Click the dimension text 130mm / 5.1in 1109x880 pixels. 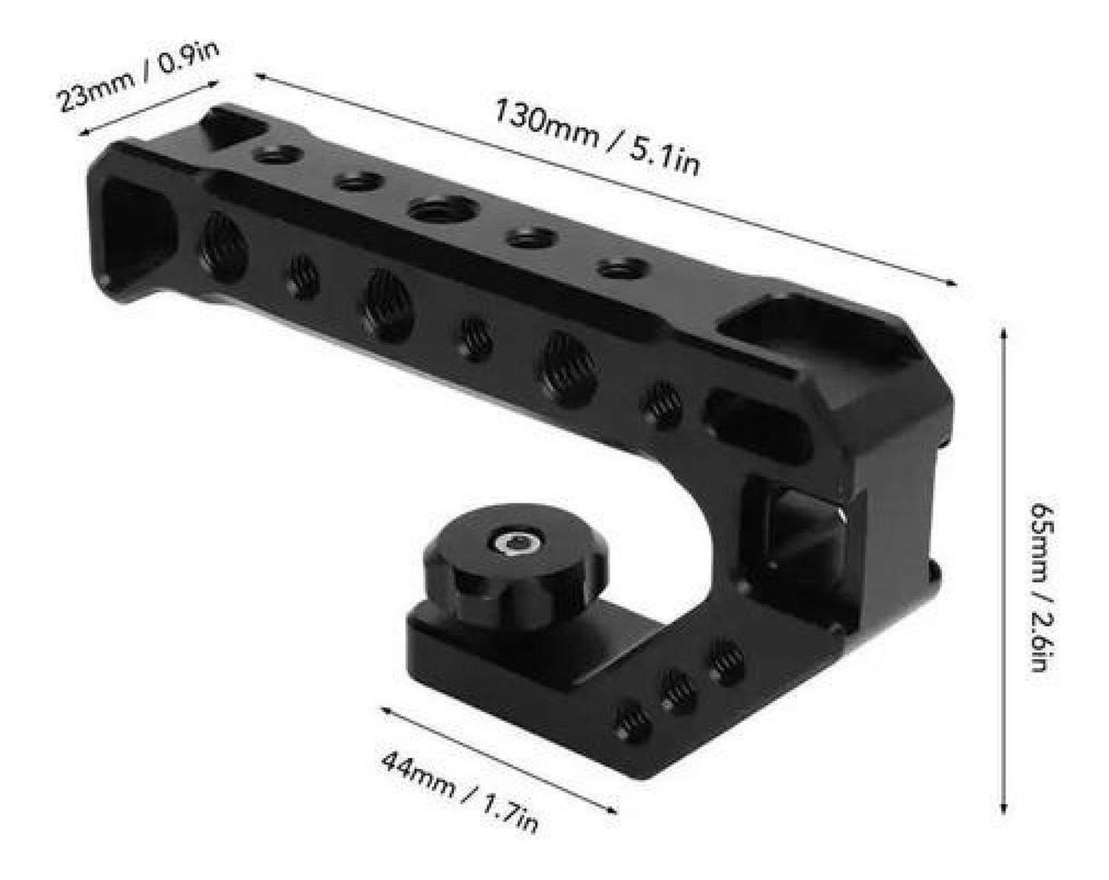[x=596, y=138]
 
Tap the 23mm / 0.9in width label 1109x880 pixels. [x=139, y=77]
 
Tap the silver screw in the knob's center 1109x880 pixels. [x=513, y=544]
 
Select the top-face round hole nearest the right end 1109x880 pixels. [x=623, y=267]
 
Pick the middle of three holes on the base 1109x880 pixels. [x=679, y=691]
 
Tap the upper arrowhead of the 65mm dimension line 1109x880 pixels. [x=1003, y=331]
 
